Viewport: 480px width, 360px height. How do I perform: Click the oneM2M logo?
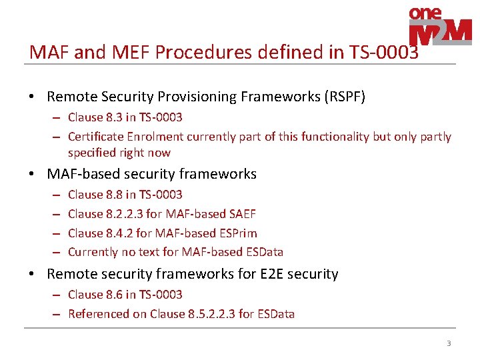point(439,26)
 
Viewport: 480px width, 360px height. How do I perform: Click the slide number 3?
point(449,343)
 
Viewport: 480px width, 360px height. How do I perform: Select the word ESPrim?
point(238,233)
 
